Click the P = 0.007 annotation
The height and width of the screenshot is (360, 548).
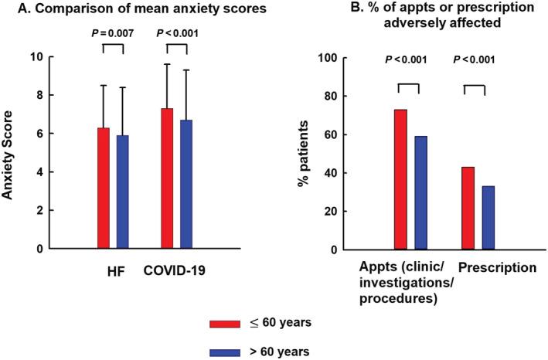112,34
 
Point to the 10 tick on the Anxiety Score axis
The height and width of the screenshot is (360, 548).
51,57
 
